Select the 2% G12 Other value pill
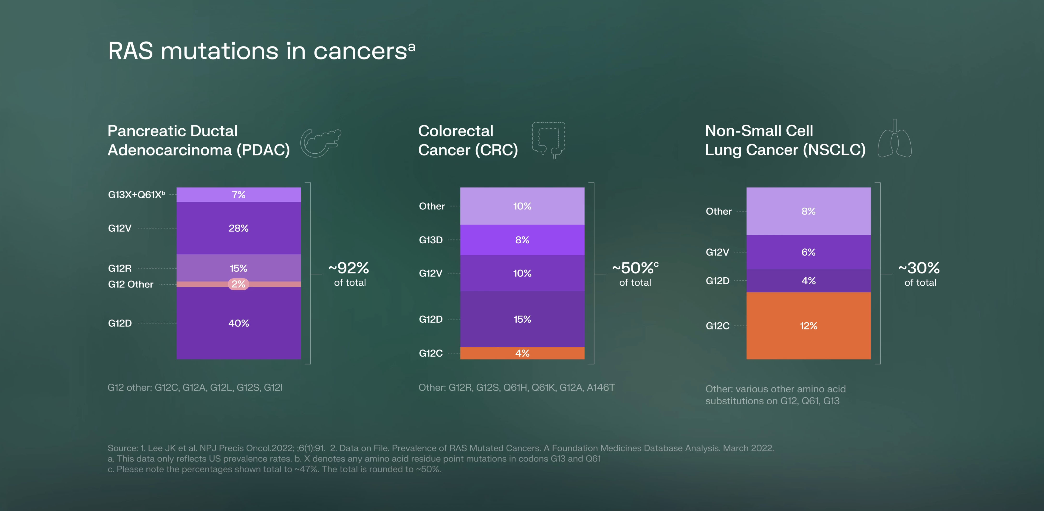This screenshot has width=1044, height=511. click(x=238, y=284)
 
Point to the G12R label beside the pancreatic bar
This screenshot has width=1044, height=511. click(x=120, y=268)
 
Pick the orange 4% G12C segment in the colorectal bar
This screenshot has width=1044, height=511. click(x=522, y=353)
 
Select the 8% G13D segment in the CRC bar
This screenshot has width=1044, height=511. click(x=522, y=240)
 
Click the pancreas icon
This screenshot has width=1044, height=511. click(x=320, y=142)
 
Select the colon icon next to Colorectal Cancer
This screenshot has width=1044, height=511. click(x=549, y=140)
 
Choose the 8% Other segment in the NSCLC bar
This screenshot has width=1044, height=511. click(x=808, y=211)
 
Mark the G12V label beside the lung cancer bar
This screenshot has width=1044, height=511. click(x=717, y=252)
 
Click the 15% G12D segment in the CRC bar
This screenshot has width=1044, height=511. click(x=522, y=319)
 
